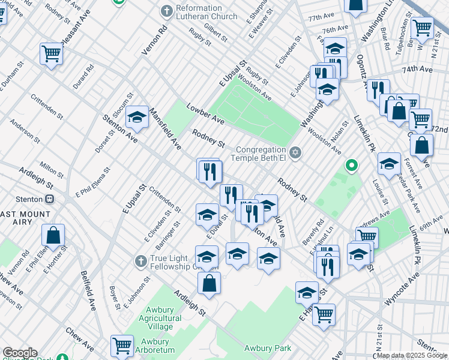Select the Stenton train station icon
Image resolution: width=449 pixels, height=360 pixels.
click(x=50, y=199)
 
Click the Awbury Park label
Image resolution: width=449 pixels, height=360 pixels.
click(x=268, y=348)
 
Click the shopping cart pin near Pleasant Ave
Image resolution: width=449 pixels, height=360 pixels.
click(x=51, y=53)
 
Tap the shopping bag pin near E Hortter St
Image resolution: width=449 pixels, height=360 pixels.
click(x=53, y=235)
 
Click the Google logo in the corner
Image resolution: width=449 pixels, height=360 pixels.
click(x=19, y=353)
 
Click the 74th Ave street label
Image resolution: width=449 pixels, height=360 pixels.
click(x=417, y=70)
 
